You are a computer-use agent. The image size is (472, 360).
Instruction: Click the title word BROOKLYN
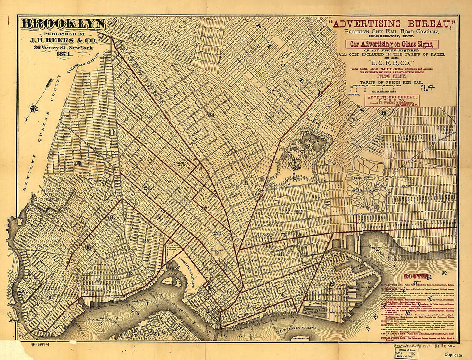[x=63, y=24]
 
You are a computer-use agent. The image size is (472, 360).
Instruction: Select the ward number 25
[x=148, y=116]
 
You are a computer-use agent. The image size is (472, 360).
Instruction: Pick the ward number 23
[x=181, y=164]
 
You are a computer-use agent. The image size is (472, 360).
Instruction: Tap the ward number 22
[x=299, y=212]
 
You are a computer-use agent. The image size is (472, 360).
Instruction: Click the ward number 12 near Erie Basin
[x=332, y=284]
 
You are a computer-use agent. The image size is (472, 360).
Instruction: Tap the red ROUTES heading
[x=416, y=276]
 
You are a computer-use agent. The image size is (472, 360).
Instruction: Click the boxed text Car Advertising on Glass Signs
[x=393, y=44]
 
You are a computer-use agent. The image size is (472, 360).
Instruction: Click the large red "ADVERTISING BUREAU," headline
[x=393, y=24]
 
